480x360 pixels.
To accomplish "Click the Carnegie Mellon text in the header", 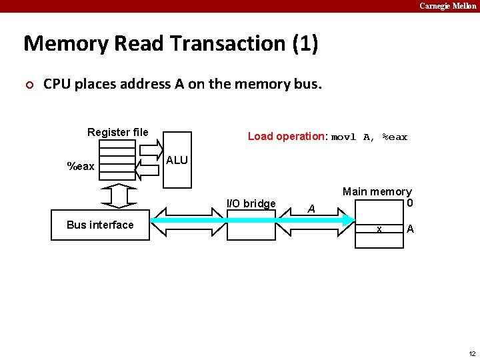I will click(x=447, y=6).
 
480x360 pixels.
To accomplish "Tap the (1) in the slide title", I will click(x=305, y=44).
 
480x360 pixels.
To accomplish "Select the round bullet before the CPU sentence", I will click(x=28, y=85).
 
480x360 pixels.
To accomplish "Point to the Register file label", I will click(x=118, y=132).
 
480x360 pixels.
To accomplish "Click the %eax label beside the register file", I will click(x=81, y=166).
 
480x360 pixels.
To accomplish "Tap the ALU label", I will click(x=177, y=161).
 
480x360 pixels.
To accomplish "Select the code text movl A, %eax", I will click(x=369, y=137).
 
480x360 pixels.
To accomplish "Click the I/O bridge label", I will click(x=251, y=203).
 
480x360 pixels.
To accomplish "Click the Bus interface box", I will click(x=100, y=225).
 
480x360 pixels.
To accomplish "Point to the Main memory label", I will click(x=377, y=192).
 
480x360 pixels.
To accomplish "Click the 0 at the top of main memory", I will click(x=409, y=203).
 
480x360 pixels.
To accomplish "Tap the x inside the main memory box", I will click(x=379, y=229).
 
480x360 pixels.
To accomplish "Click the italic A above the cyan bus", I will click(x=311, y=209).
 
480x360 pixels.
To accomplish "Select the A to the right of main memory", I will click(x=410, y=229).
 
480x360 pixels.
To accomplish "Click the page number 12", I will click(x=471, y=353).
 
